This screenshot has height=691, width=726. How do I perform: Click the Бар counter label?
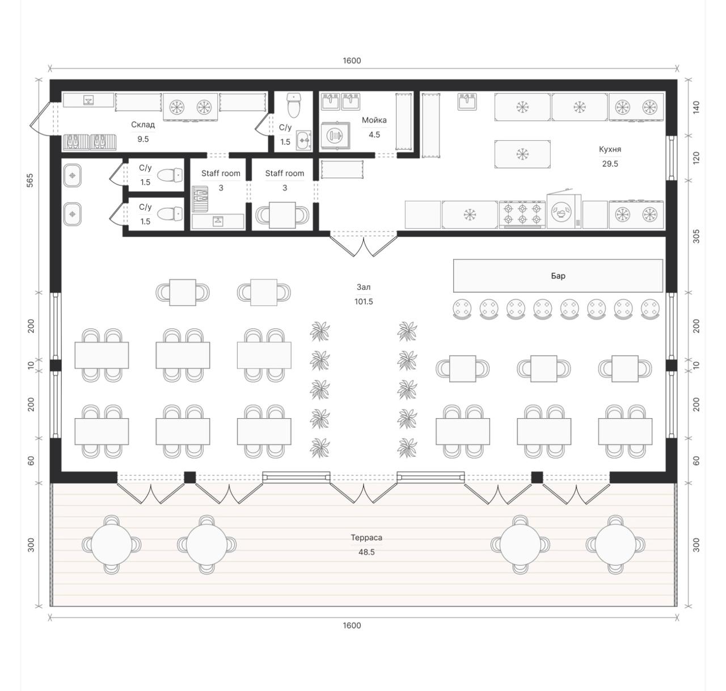click(x=558, y=276)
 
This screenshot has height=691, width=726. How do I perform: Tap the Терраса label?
click(x=366, y=538)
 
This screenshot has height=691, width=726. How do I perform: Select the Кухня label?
click(x=610, y=149)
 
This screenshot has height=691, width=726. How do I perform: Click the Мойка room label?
click(x=374, y=120)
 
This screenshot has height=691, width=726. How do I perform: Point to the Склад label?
click(x=142, y=125)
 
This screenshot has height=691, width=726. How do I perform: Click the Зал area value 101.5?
click(x=364, y=301)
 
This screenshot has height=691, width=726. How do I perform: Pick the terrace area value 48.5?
click(x=366, y=552)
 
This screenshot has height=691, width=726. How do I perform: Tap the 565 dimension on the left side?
click(x=30, y=180)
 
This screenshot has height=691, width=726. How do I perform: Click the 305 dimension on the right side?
click(x=696, y=237)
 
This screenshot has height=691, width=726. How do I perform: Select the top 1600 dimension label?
click(x=352, y=61)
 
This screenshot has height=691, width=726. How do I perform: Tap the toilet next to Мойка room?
click(x=294, y=105)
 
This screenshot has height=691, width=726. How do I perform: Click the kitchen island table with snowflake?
click(x=522, y=154)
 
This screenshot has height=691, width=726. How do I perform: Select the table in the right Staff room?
click(x=282, y=215)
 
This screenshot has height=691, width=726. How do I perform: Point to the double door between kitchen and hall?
click(x=364, y=244)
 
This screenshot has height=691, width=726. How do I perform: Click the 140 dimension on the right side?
click(x=696, y=108)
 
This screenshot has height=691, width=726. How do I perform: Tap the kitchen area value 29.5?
click(x=610, y=164)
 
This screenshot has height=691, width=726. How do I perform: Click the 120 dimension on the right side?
click(x=696, y=158)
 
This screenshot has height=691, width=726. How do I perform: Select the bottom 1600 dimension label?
click(x=352, y=626)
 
